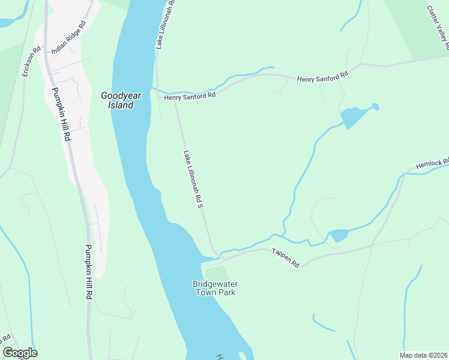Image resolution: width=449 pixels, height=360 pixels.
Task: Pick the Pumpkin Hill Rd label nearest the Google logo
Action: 88,272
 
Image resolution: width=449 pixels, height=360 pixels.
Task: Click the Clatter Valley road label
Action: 438,27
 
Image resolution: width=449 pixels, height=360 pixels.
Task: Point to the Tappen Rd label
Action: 285,257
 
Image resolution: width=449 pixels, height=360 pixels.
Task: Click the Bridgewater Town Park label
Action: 214,288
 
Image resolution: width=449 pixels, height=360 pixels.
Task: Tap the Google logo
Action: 20,352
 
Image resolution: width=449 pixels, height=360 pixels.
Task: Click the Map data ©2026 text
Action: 424,355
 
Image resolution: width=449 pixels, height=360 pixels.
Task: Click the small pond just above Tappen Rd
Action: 338,235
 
